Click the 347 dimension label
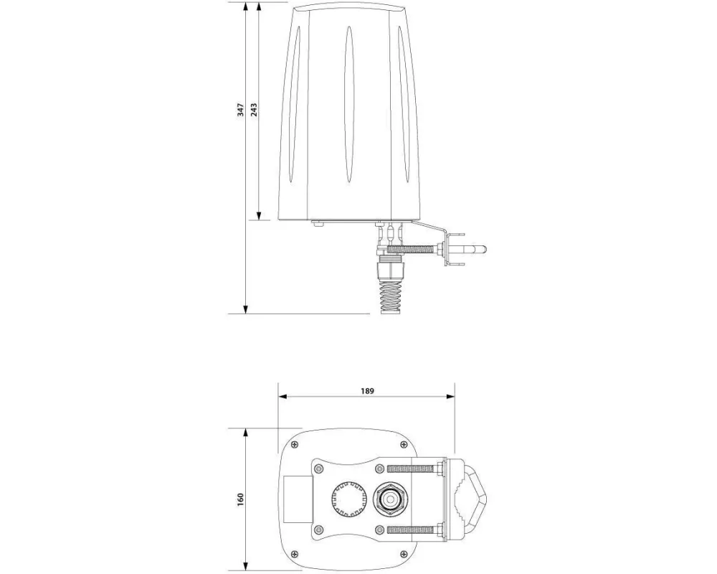tap(242, 110)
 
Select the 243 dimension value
tap(254, 110)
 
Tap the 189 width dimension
tap(367, 390)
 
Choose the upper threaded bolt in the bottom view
tap(412, 468)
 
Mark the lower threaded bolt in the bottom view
tap(412, 530)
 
